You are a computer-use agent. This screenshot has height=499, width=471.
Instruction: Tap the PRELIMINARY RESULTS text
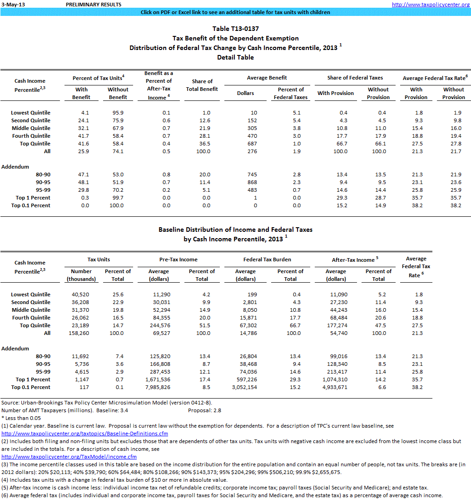94,4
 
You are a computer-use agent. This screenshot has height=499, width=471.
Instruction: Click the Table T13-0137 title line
235,29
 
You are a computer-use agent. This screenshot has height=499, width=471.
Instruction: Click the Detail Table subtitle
235,57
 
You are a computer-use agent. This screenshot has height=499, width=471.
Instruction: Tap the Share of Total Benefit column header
202,85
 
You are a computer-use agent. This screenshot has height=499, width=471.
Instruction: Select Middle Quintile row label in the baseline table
31,310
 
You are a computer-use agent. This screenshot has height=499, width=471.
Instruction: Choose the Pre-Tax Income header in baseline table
178,259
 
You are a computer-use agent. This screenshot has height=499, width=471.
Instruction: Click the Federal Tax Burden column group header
267,259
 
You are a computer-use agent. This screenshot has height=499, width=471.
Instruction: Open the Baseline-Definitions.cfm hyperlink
85,434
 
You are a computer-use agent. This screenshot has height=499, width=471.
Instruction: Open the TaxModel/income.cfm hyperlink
69,457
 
